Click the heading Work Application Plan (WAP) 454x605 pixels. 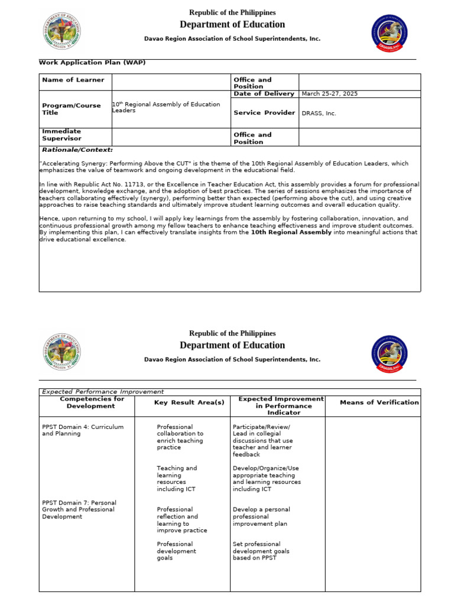click(x=92, y=62)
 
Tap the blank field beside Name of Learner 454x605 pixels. click(x=171, y=82)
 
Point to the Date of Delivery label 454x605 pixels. click(x=264, y=94)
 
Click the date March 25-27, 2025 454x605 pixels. click(x=329, y=94)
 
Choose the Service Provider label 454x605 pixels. click(x=264, y=113)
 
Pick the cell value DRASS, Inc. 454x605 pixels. click(x=319, y=113)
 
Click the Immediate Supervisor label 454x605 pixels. click(x=61, y=135)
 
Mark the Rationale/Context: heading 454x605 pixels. click(x=77, y=150)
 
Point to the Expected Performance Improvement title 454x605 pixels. click(x=103, y=392)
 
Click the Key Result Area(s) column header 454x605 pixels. click(x=189, y=402)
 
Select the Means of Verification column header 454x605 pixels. click(x=379, y=402)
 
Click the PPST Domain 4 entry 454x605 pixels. click(x=82, y=430)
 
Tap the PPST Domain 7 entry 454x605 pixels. click(x=79, y=509)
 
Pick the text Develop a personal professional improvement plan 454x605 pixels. click(x=261, y=516)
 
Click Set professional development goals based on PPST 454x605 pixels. click(x=261, y=551)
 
